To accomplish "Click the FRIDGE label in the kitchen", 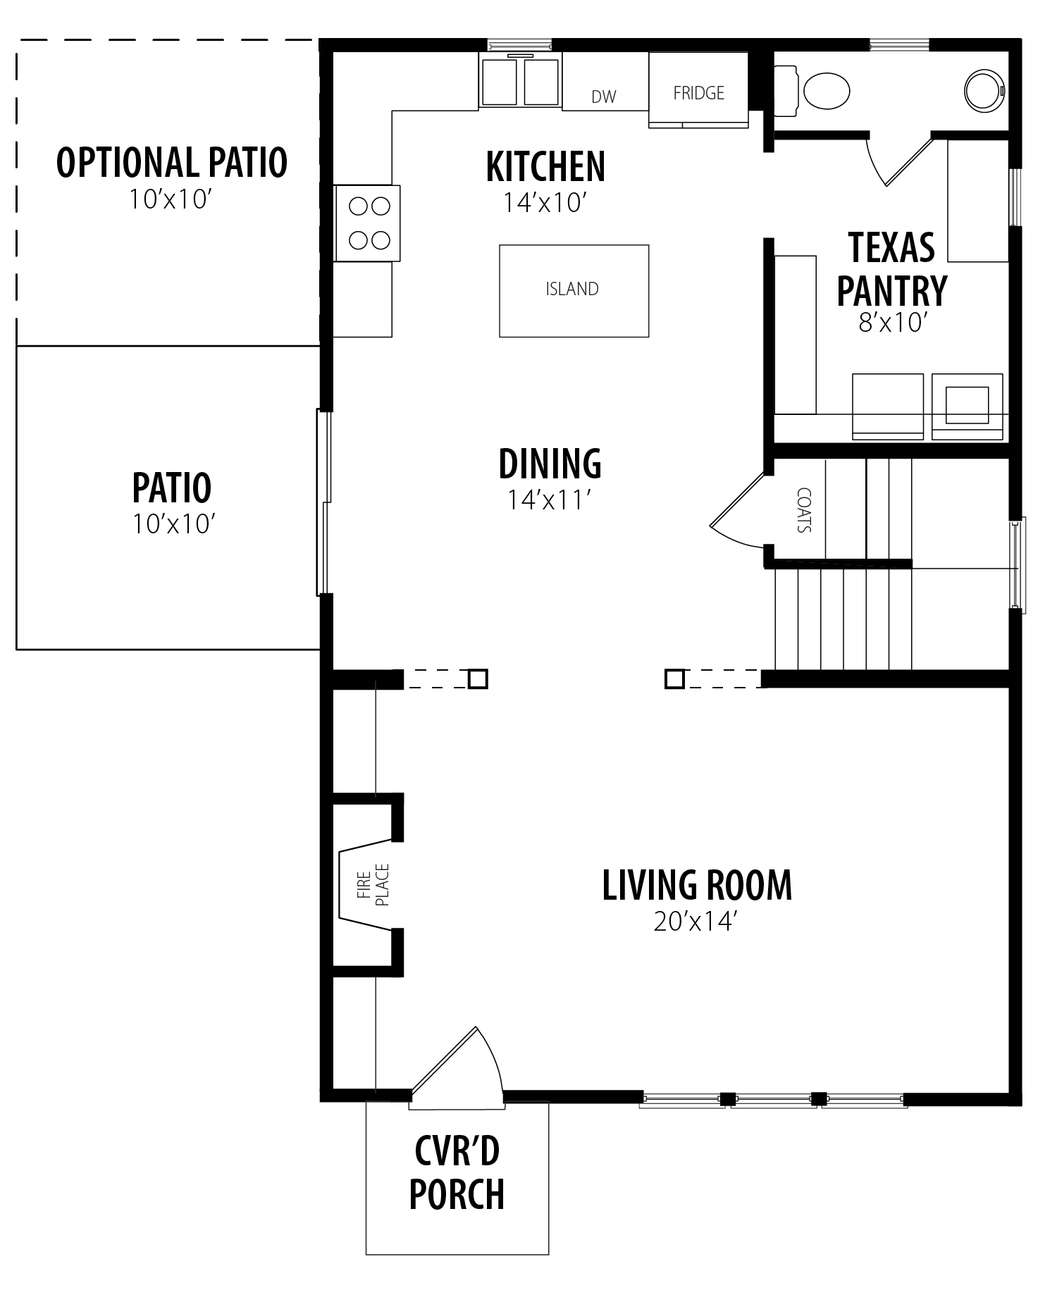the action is [698, 93].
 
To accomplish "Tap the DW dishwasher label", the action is [604, 97].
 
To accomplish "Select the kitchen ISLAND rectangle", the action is [574, 291].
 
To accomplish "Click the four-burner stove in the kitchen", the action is [367, 223].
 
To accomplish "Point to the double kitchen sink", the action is [520, 80].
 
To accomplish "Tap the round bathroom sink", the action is [984, 89].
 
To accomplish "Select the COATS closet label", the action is [803, 510].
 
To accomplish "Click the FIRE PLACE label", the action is [373, 885].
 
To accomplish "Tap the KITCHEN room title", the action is [545, 167].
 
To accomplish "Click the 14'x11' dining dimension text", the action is [548, 500].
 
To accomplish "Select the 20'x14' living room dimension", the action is [695, 922].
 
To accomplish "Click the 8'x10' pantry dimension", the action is [891, 323].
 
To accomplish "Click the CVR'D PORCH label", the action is [457, 1173].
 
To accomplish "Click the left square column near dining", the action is [478, 678].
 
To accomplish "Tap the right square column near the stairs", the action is [674, 678].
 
